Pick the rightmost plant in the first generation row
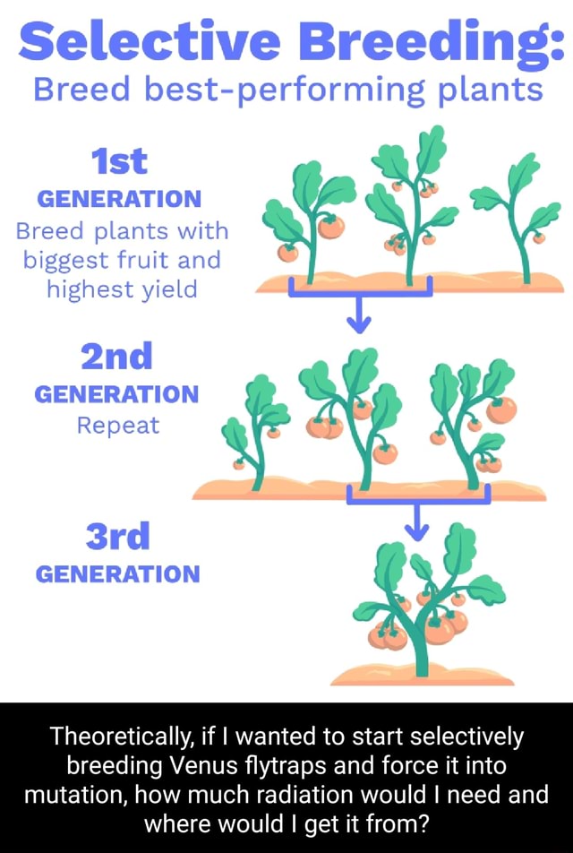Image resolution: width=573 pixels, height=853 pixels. pyautogui.click(x=519, y=215)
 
